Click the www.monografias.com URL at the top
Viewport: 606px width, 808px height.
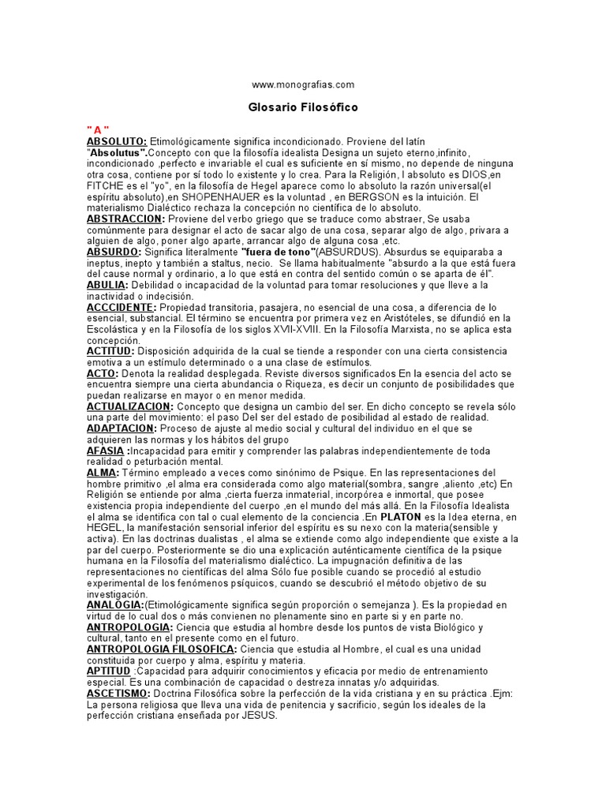coord(303,84)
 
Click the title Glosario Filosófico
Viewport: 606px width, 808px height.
coord(303,107)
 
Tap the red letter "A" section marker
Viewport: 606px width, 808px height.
coord(98,129)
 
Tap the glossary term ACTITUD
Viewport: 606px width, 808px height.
coord(111,350)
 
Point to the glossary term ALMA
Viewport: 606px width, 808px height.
coord(103,472)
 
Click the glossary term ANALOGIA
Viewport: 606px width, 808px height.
coord(115,604)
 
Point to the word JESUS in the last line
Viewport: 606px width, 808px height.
coord(262,715)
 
